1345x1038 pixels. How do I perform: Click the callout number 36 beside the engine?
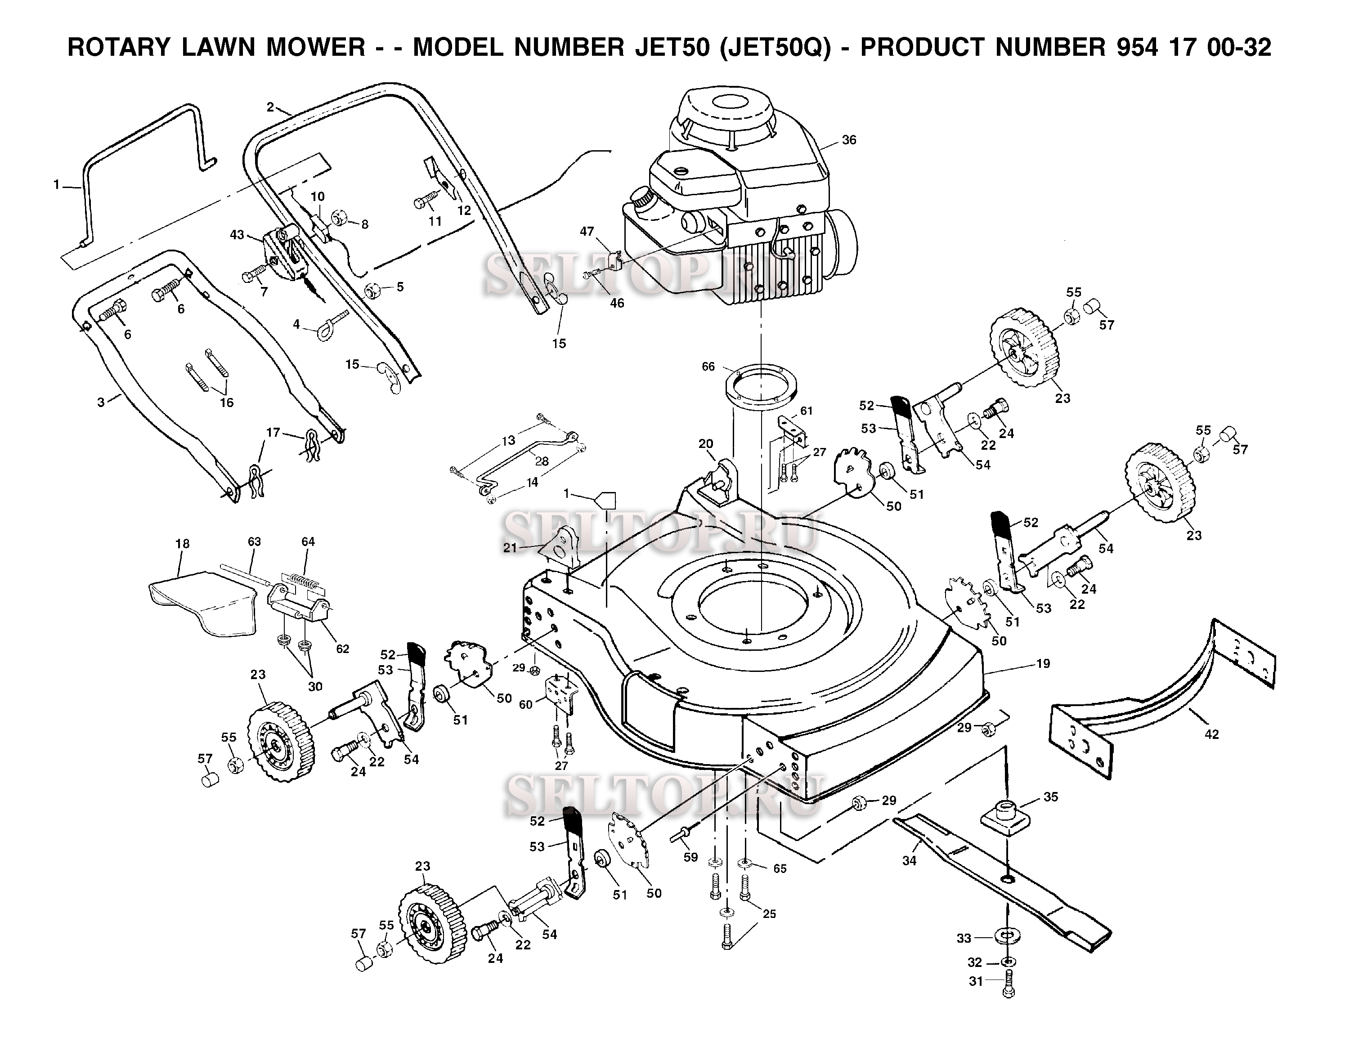pyautogui.click(x=849, y=140)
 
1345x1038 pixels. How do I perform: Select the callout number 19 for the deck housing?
pyautogui.click(x=1043, y=664)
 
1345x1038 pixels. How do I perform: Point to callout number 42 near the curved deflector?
pyautogui.click(x=1211, y=734)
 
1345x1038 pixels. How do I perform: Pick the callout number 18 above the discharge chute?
pyautogui.click(x=182, y=544)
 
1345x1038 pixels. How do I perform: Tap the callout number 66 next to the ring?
pyautogui.click(x=708, y=367)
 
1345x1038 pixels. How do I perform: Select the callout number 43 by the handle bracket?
pyautogui.click(x=237, y=235)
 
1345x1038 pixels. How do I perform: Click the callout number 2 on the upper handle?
pyautogui.click(x=270, y=107)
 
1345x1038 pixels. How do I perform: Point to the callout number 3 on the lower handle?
pyautogui.click(x=101, y=402)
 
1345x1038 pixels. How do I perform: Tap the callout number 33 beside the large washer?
pyautogui.click(x=964, y=938)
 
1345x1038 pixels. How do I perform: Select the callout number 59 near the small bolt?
pyautogui.click(x=690, y=857)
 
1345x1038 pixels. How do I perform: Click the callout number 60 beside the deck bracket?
pyautogui.click(x=525, y=704)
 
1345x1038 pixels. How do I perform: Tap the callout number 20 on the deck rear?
pyautogui.click(x=706, y=443)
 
